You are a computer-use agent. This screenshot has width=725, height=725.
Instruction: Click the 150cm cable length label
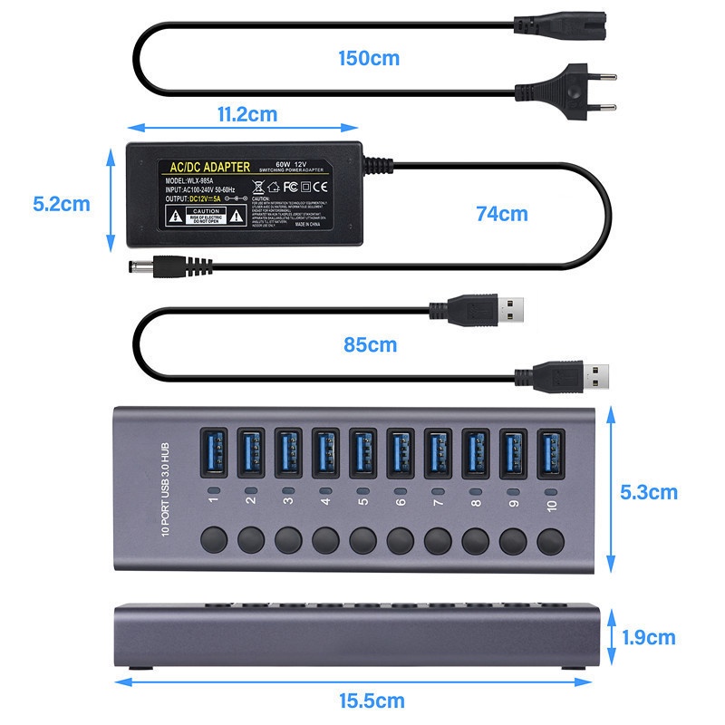[x=369, y=59]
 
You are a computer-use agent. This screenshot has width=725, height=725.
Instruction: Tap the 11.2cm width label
[x=246, y=114]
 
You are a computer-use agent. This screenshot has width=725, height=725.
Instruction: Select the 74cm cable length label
[x=501, y=215]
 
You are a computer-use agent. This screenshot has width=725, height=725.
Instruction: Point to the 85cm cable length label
[x=370, y=345]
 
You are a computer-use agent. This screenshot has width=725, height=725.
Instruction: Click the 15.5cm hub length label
[x=373, y=701]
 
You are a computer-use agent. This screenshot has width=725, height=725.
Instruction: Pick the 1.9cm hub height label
[x=649, y=637]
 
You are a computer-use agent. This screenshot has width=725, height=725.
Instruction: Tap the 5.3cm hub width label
[x=649, y=492]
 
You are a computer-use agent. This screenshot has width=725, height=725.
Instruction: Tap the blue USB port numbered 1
[x=215, y=452]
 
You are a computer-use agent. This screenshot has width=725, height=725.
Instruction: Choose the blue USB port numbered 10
[x=549, y=452]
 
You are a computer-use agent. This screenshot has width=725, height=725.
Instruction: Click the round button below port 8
[x=474, y=541]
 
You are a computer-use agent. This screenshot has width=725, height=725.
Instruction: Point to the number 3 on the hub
[x=289, y=498]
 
